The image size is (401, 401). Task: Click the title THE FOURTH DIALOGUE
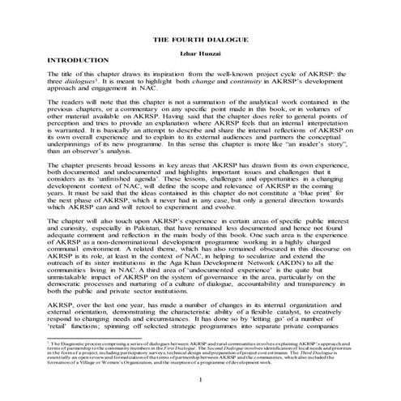click(x=200, y=40)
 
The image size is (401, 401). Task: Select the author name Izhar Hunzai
click(x=200, y=53)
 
